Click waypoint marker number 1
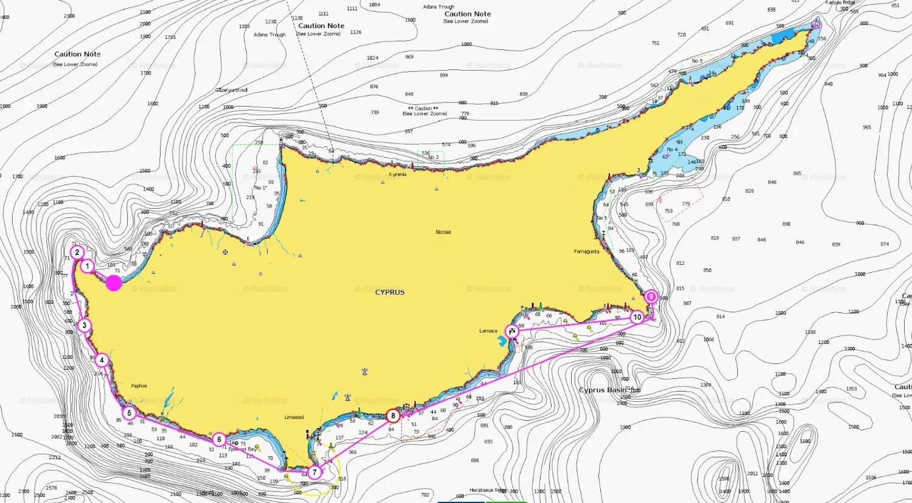(87, 266)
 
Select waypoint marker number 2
(77, 252)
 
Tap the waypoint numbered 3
(84, 325)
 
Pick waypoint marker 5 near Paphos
(129, 413)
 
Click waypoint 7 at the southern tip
(314, 472)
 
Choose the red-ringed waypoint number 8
(393, 416)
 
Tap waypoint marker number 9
(651, 297)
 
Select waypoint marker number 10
(637, 317)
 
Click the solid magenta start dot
(114, 283)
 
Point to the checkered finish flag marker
(513, 331)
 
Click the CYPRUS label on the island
(390, 292)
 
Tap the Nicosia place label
(443, 232)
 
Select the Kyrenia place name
(398, 175)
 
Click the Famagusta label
(586, 251)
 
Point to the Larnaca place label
(488, 331)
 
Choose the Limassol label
(294, 417)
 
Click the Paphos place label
(139, 386)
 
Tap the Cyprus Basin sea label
(602, 390)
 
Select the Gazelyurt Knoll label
(231, 90)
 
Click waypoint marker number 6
(219, 439)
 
